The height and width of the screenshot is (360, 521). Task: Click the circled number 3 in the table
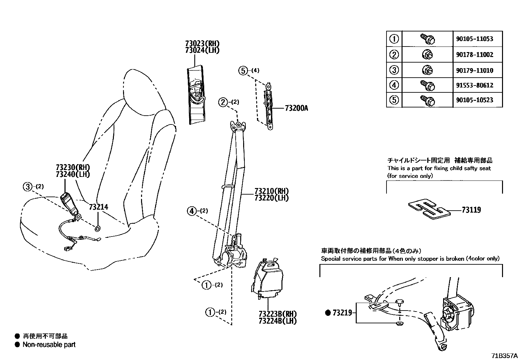[394, 70]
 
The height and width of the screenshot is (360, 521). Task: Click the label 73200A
[296, 108]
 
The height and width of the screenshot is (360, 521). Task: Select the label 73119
[471, 210]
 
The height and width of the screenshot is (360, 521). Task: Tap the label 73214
[98, 207]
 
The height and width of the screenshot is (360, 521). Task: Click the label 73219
[342, 313]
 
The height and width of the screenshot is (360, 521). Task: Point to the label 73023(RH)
[202, 44]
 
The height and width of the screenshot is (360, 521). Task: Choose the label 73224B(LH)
[277, 321]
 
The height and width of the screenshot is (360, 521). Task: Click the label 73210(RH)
[272, 191]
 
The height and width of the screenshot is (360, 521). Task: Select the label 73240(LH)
[73, 174]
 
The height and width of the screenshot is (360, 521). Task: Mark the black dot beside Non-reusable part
[17, 345]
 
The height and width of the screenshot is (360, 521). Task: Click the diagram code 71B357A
[504, 356]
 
